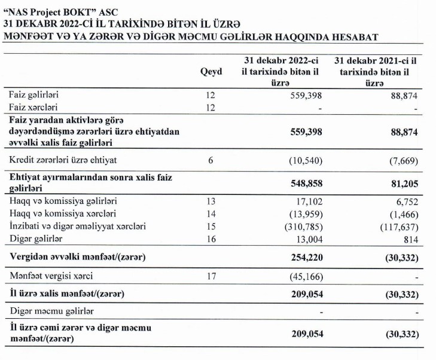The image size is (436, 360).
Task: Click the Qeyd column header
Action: click(x=211, y=72)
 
